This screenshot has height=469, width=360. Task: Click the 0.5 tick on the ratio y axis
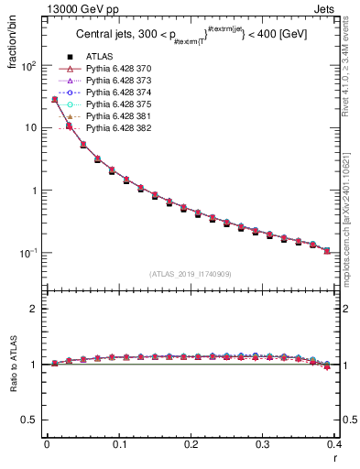tap(32, 420)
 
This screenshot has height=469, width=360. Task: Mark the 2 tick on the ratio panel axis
tap(35, 309)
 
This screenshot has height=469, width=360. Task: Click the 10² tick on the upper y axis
tap(29, 66)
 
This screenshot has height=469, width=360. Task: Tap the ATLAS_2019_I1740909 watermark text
tap(191, 274)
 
